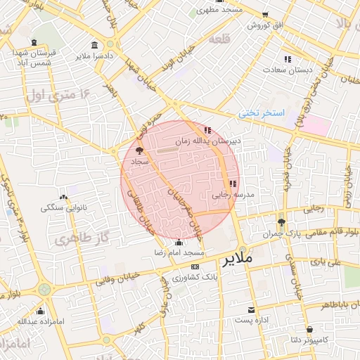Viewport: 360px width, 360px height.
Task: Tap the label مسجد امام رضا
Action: (180, 252)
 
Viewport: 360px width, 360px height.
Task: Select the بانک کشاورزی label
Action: (195, 278)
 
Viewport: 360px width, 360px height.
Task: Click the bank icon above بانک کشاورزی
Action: (195, 267)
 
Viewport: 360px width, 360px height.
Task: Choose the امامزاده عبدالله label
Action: (41, 322)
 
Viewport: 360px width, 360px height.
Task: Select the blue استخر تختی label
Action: (261, 112)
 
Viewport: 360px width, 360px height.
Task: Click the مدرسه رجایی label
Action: (233, 194)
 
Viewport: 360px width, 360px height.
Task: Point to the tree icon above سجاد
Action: (139, 150)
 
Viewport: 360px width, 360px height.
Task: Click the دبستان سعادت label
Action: (287, 70)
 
